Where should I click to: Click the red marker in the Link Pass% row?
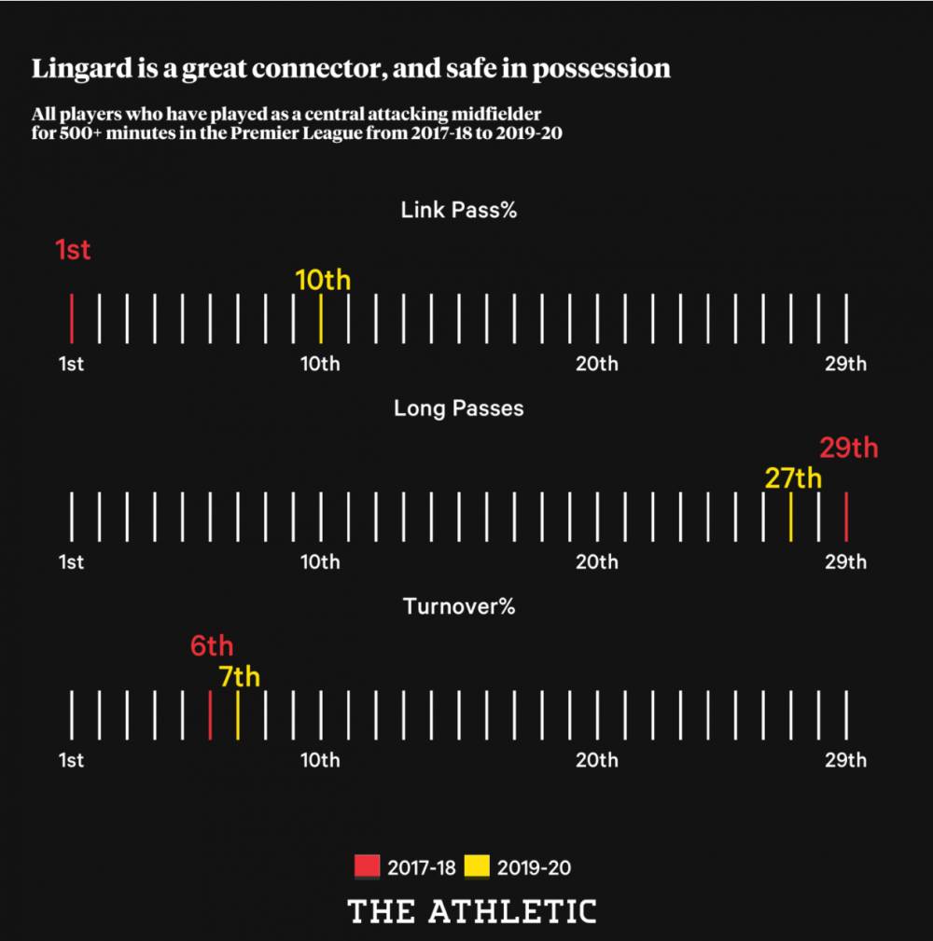pos(71,318)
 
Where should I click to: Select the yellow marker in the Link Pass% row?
pos(320,318)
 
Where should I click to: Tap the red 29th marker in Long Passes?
pos(845,517)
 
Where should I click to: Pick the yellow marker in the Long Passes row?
pos(790,517)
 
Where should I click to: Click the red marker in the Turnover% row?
pos(210,715)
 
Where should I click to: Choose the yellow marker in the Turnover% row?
pos(238,715)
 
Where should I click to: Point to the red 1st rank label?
pos(73,250)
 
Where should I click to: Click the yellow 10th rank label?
pos(323,280)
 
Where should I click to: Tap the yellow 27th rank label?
pos(793,478)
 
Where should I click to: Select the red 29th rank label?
pos(848,448)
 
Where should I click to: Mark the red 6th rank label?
pos(212,645)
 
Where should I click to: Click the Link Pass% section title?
pos(459,210)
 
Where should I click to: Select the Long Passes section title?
pos(459,408)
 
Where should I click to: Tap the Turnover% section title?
pos(459,607)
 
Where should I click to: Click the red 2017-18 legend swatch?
pos(368,867)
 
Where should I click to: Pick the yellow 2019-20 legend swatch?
pos(477,867)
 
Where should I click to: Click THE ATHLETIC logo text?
pos(472,911)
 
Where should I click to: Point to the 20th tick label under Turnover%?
pos(596,760)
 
